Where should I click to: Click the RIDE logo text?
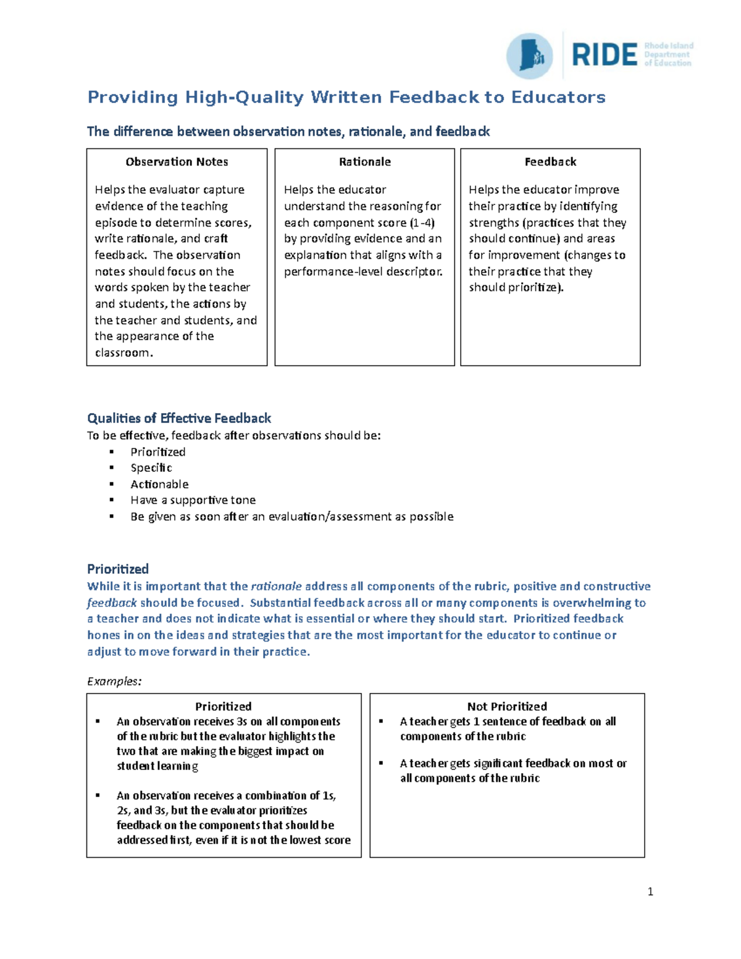[x=605, y=55]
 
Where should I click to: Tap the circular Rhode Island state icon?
[x=529, y=56]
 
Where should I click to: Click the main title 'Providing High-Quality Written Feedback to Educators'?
[x=346, y=97]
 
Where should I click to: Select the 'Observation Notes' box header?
[x=177, y=162]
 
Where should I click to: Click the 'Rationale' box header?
[x=364, y=162]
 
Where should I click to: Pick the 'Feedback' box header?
[x=550, y=162]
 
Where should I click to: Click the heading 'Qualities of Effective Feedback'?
[x=179, y=418]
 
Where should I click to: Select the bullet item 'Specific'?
[x=151, y=468]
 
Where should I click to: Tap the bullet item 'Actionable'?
[x=159, y=484]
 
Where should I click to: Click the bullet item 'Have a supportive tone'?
[x=193, y=500]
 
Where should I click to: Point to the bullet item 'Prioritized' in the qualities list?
[x=157, y=452]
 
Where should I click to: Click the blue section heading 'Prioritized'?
[x=118, y=569]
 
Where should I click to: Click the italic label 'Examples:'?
[x=114, y=681]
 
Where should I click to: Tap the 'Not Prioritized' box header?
[x=507, y=706]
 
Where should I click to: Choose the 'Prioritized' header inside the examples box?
[x=223, y=706]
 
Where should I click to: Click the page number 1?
[x=650, y=891]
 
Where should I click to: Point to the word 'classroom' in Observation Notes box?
[x=122, y=353]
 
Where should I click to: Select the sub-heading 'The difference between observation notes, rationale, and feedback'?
[x=288, y=132]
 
